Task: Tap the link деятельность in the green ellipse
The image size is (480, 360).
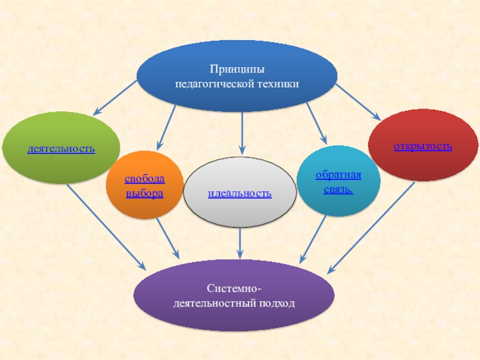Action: (61, 148)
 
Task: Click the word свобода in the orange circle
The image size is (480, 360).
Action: (144, 180)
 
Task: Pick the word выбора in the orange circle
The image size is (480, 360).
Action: (144, 194)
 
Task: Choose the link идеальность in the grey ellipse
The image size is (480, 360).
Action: (239, 193)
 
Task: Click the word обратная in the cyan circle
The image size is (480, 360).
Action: (338, 175)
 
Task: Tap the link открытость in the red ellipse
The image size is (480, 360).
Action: (423, 146)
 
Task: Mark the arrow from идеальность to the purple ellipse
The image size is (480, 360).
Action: (240, 243)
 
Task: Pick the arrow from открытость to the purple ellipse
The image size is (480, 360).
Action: (372, 225)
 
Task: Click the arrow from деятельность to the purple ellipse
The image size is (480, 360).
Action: (105, 226)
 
